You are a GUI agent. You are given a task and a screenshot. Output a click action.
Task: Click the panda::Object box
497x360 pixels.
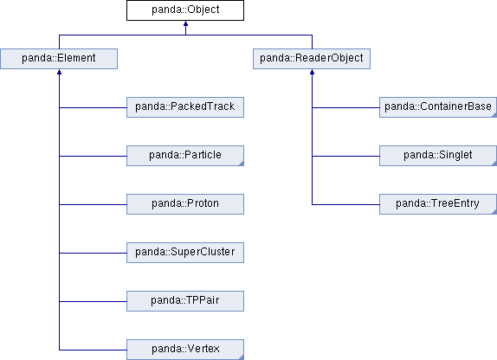[185, 10]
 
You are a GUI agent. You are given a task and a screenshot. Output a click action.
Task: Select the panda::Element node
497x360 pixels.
[59, 59]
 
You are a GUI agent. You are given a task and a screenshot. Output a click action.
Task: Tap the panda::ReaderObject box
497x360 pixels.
[312, 59]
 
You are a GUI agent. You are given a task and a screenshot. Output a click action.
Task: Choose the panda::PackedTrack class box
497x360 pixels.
[185, 107]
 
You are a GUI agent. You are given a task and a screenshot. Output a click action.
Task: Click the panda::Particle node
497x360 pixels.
[185, 156]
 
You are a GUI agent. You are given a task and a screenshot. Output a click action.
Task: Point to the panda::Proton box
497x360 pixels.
[185, 204]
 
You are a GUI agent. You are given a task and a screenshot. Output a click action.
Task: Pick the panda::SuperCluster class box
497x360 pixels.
[185, 253]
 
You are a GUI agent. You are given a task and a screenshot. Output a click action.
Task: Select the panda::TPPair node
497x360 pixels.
[185, 301]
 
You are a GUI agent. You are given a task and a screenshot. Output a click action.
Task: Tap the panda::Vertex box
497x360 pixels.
[185, 350]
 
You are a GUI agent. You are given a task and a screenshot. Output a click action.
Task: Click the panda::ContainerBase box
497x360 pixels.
[438, 107]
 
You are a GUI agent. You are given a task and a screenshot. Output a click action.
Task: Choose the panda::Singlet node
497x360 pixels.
[438, 156]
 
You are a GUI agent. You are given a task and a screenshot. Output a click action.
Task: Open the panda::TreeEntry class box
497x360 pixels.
[438, 204]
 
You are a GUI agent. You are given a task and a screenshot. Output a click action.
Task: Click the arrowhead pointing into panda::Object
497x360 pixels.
[186, 23]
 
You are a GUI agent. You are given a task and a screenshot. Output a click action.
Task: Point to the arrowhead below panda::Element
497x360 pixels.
[59, 72]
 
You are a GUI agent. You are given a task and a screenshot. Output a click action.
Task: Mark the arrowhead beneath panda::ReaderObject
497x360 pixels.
[313, 72]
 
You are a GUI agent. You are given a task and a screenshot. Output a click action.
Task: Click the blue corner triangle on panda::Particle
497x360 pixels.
[242, 164]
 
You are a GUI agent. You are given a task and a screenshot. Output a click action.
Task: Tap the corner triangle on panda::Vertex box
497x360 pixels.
[242, 357]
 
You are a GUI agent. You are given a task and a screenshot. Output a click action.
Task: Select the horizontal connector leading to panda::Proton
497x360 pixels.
[93, 204]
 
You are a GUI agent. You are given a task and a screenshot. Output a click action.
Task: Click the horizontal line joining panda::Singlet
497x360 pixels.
[345, 156]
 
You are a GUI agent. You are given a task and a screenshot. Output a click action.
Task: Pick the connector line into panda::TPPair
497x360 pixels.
[93, 301]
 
